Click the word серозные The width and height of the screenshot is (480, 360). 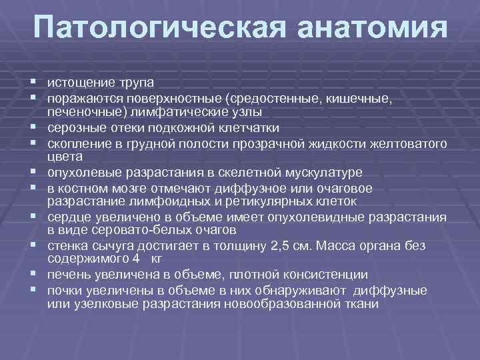(76, 127)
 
